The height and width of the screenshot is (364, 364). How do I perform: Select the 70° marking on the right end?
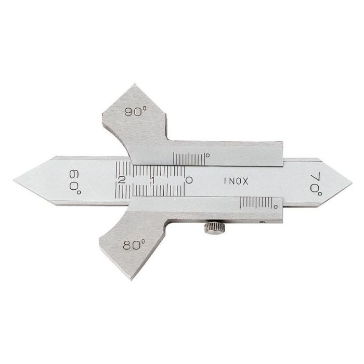316,183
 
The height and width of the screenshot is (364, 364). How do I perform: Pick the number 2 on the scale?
122,180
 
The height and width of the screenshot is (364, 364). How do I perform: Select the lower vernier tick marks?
255,204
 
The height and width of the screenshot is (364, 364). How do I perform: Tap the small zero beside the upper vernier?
207,154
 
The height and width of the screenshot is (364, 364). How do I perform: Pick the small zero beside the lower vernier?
275,207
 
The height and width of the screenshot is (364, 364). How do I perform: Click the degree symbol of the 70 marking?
318,193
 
